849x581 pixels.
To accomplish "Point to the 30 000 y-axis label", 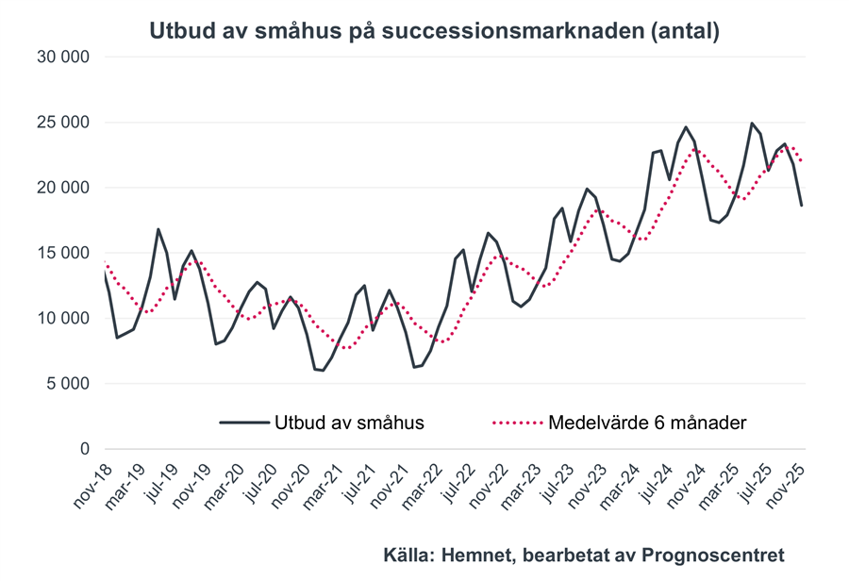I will [63, 57].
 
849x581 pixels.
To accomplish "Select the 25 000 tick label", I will [63, 122].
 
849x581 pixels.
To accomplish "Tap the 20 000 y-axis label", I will [63, 188].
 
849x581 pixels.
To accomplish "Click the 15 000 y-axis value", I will [63, 253].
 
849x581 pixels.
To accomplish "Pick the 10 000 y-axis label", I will [63, 318].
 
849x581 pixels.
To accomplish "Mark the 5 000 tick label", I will [68, 384].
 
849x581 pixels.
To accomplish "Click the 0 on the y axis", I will [84, 449].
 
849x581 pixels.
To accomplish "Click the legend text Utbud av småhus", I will [350, 423].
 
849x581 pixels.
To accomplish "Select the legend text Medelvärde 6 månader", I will [647, 423].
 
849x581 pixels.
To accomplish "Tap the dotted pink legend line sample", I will [517, 423].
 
